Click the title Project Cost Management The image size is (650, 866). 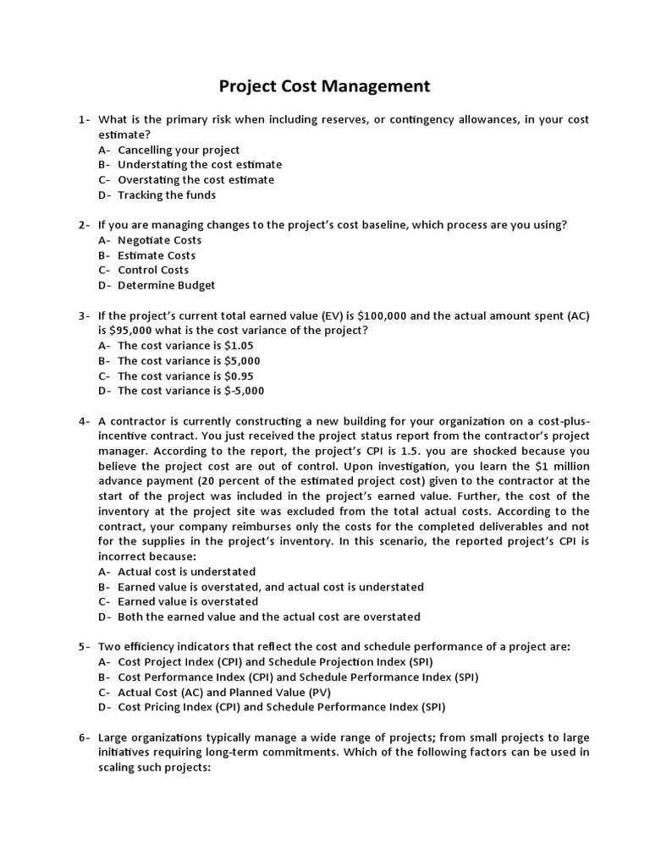pyautogui.click(x=325, y=86)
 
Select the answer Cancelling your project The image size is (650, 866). pyautogui.click(x=179, y=150)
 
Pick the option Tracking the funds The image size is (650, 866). pyautogui.click(x=167, y=195)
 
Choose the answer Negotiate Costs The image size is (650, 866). pyautogui.click(x=159, y=240)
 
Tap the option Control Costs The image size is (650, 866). pyautogui.click(x=153, y=271)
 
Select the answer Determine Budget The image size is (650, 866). pyautogui.click(x=166, y=286)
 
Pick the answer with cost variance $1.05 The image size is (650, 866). pyautogui.click(x=185, y=346)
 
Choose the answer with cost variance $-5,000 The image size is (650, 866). pyautogui.click(x=190, y=391)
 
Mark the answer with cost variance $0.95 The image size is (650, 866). pyautogui.click(x=185, y=375)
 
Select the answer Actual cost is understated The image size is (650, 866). pyautogui.click(x=186, y=572)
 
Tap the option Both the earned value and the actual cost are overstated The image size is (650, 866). pyautogui.click(x=269, y=617)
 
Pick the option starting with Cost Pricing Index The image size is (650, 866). pyautogui.click(x=281, y=707)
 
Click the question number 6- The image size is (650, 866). pyautogui.click(x=85, y=737)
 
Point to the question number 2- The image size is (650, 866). pyautogui.click(x=85, y=225)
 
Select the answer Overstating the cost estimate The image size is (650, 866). pyautogui.click(x=196, y=180)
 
